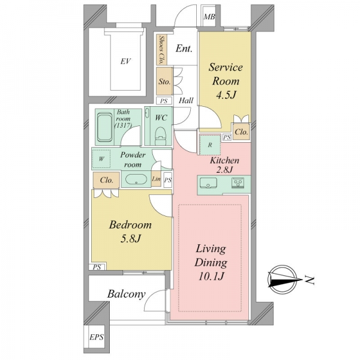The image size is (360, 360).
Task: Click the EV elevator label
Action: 125,61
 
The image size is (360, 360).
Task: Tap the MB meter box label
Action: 209,17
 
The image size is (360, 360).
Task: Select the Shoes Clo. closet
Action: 161,50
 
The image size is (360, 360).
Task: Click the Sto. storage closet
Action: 164,81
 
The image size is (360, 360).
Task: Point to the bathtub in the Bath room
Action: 104,127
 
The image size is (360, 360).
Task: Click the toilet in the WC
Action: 160,136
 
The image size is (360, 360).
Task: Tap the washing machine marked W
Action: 101,159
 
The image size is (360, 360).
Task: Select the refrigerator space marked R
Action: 210,145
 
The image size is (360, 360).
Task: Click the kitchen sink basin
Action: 208,184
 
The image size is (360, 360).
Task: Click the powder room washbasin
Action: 136,179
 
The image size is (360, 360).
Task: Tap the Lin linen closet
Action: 156,179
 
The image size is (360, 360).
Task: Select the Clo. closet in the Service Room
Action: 241,131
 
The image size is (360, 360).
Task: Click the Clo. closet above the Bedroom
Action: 106,180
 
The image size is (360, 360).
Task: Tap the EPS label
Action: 97,337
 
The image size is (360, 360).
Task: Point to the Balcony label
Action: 126,294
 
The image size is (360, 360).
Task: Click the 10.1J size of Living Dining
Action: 211,276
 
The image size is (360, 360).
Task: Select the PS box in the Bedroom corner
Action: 97,267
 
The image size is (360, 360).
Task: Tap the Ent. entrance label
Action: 184,49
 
